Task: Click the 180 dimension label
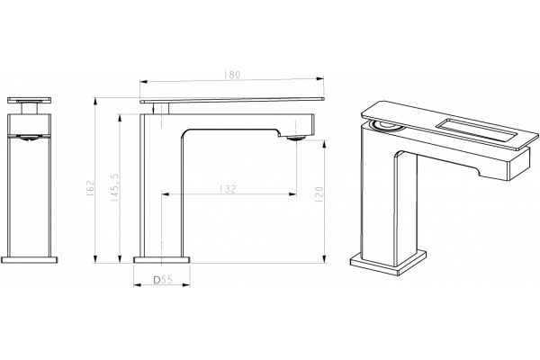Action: tap(232, 75)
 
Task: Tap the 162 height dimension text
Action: tap(90, 188)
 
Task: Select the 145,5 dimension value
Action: tap(115, 187)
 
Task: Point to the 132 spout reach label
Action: tap(228, 189)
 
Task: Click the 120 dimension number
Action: tap(319, 194)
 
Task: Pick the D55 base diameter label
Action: tap(163, 280)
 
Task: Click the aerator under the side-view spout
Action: tap(295, 138)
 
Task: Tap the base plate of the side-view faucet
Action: tap(161, 260)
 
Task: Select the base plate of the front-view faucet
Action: tap(30, 260)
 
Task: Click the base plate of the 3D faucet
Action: tap(388, 262)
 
